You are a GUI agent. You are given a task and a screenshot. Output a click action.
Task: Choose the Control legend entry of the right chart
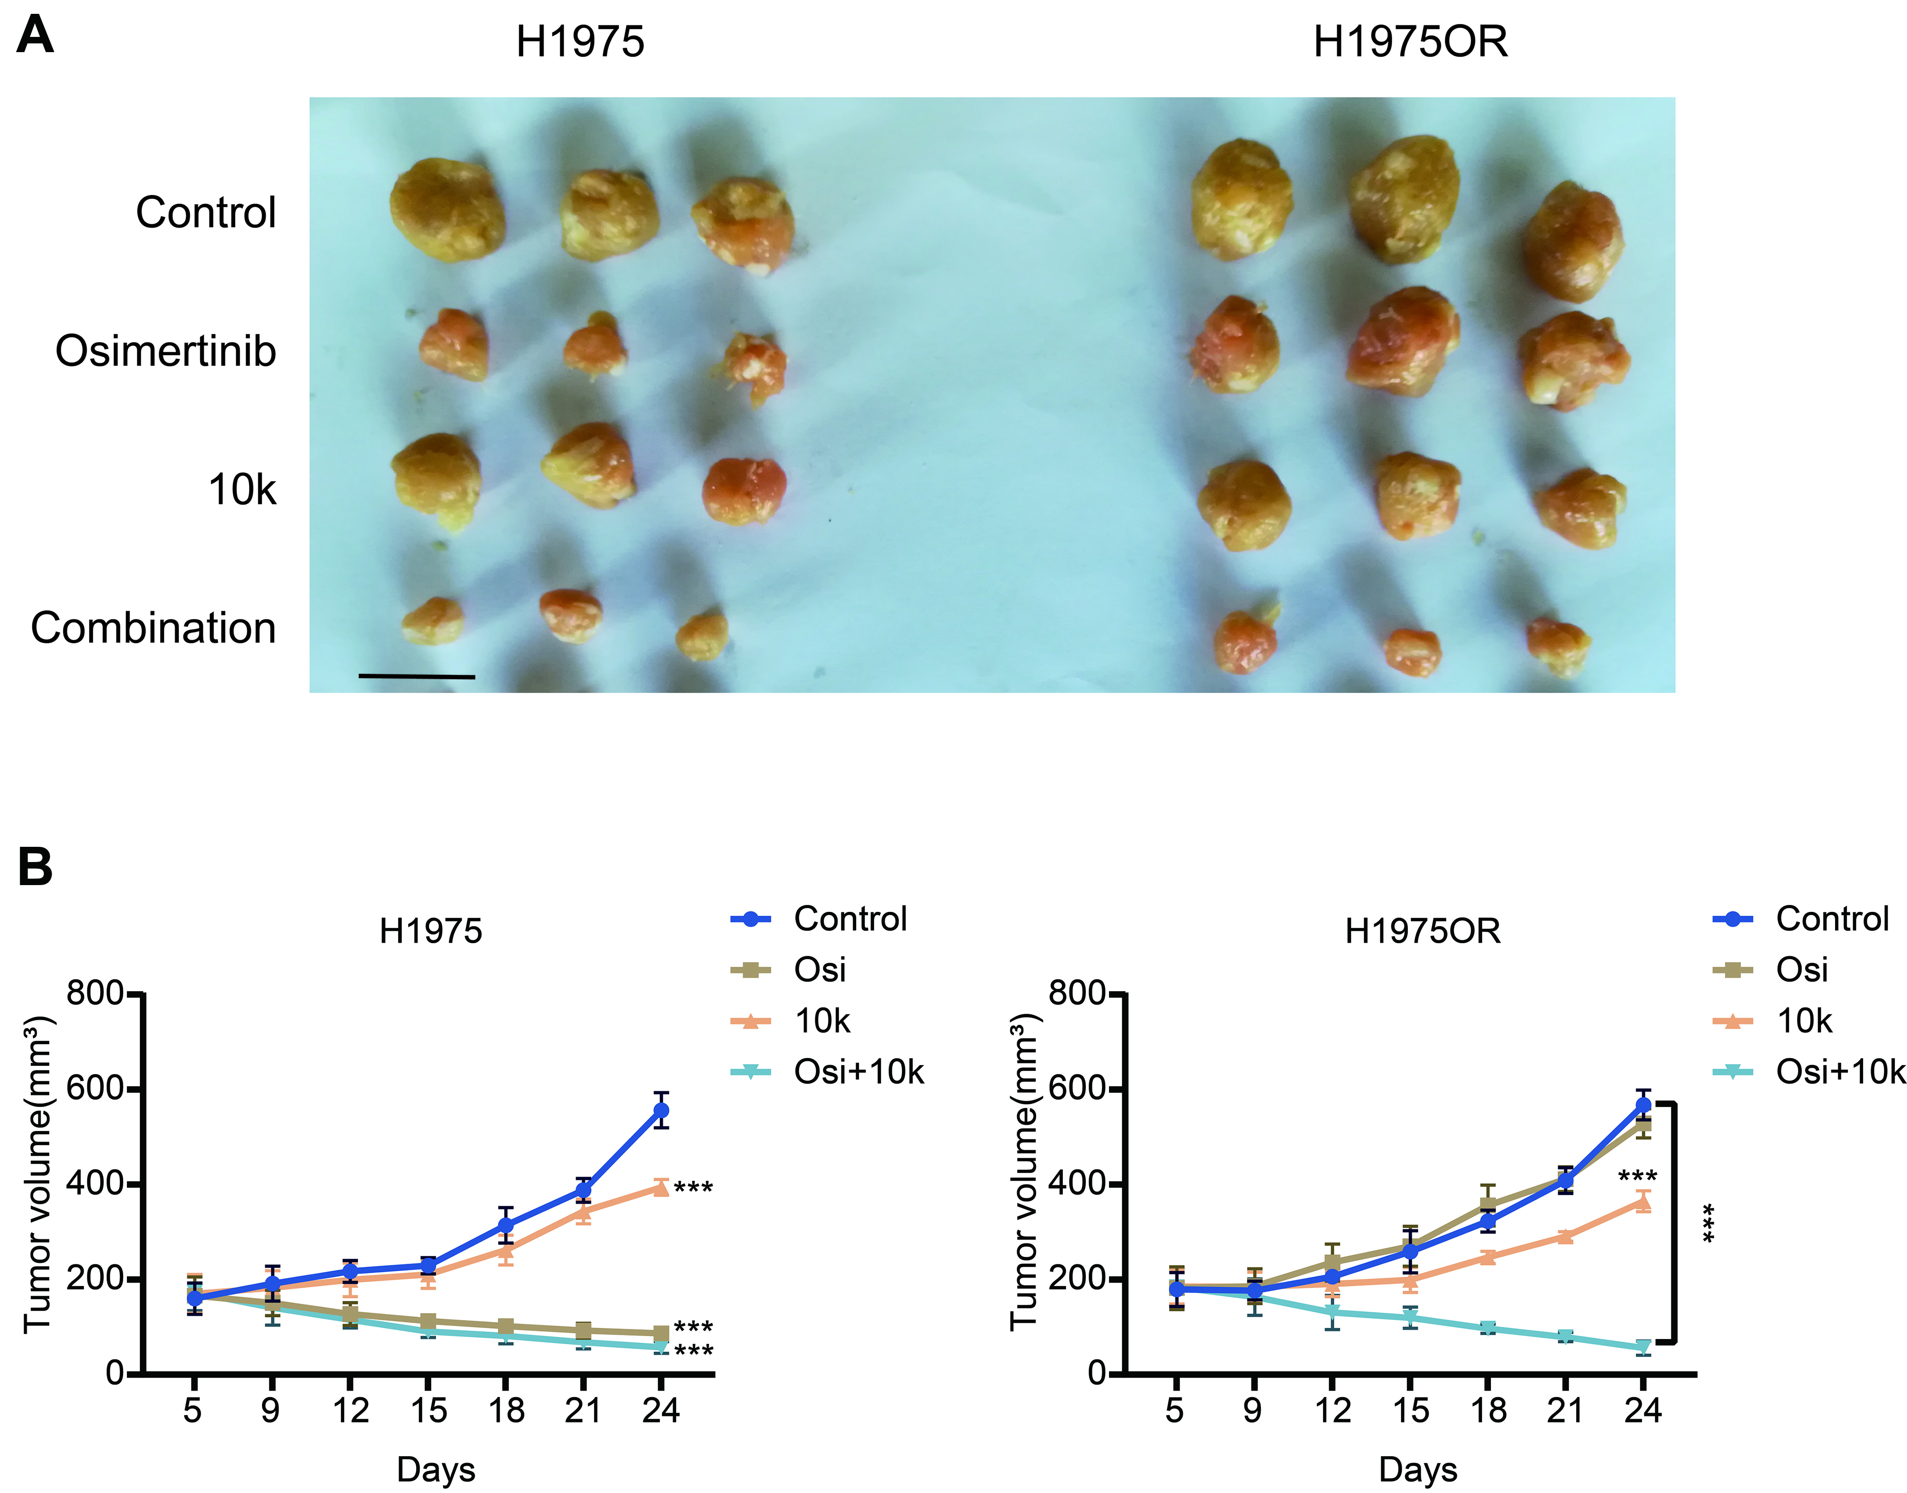[x=1832, y=919]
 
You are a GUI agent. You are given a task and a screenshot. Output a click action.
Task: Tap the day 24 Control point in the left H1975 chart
[x=661, y=1110]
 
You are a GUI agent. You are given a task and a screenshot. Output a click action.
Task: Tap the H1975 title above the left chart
[x=430, y=931]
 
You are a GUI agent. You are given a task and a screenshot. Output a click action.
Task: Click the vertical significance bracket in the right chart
[x=1674, y=1224]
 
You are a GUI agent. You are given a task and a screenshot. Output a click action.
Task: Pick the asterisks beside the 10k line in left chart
[x=693, y=1188]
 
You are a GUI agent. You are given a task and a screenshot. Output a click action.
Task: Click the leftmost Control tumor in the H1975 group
[x=447, y=210]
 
